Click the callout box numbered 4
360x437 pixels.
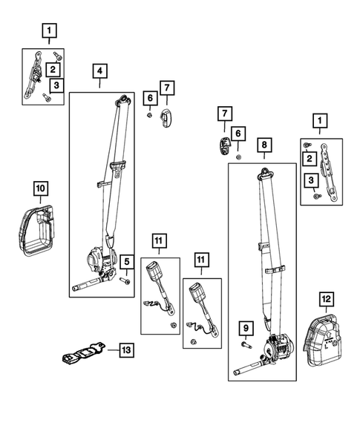coord(99,72)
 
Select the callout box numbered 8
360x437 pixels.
coord(264,145)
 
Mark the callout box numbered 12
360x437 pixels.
coord(325,299)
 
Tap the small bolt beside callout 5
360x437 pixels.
coord(125,280)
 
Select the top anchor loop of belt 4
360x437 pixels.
coord(121,99)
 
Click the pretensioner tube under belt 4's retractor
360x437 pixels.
coord(88,284)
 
